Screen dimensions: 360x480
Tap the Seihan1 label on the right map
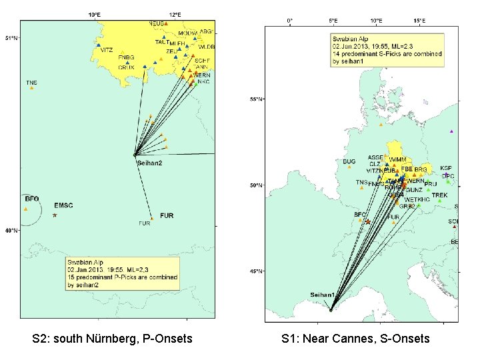click(323, 294)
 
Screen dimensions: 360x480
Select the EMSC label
click(65, 205)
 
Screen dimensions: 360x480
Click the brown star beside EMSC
click(55, 215)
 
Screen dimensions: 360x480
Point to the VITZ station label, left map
click(106, 50)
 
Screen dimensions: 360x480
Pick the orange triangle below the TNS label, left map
click(31, 87)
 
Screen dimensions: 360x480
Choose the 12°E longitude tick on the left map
click(175, 13)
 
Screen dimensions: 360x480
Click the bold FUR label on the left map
click(167, 215)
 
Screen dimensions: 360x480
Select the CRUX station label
click(126, 67)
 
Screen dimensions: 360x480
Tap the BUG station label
click(349, 161)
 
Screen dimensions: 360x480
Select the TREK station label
click(439, 195)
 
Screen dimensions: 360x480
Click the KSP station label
click(446, 168)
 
